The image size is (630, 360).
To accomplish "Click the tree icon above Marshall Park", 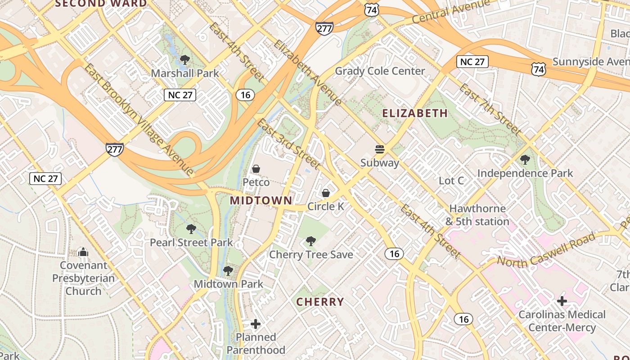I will coord(184,60).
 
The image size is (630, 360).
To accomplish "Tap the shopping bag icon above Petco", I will coord(256,169).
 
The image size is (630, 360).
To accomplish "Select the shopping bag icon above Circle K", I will coord(326,193).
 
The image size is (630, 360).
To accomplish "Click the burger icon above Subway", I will coord(380,149).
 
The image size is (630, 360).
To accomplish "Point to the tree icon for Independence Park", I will coord(525,160).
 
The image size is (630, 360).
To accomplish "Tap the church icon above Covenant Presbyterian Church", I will coord(83,252).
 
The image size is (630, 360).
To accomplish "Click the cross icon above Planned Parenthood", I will coord(256,324).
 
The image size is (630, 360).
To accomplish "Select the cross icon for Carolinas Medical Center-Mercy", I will coord(562,301).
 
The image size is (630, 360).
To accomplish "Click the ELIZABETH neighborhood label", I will coord(415,113).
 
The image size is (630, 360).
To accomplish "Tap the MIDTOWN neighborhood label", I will coord(261,200).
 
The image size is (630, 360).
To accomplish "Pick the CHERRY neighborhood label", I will coord(320,302).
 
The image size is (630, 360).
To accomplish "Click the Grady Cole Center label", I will coord(380,71).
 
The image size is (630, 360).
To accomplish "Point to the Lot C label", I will coord(451,181).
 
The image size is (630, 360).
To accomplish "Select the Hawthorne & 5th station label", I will coord(477,215).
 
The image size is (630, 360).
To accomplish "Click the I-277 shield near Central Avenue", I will coord(324,28).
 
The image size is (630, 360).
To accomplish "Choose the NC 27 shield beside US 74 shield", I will coord(472,62).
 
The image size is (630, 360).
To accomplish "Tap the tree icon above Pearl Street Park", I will coord(191,229).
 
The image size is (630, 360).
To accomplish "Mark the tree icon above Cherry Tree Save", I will coord(311,241).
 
